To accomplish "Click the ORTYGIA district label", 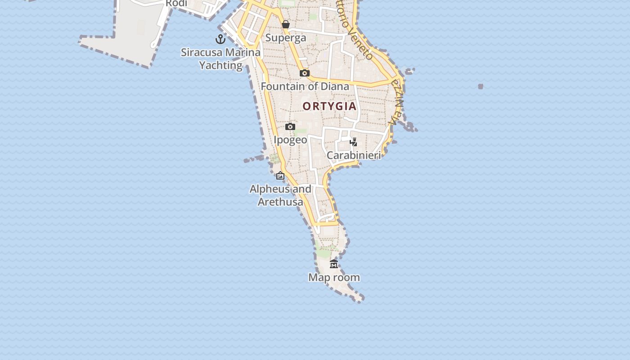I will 329,106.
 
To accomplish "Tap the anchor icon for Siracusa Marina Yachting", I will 220,39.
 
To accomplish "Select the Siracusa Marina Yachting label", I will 220,58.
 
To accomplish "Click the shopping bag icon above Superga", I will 286,24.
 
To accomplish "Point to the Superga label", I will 286,38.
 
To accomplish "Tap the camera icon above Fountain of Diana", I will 305,73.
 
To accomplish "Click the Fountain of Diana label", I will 305,86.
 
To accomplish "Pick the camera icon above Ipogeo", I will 290,127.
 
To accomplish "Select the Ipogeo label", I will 290,140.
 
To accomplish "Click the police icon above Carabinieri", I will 354,142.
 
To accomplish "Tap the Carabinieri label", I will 354,155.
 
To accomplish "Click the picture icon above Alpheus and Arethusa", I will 280,175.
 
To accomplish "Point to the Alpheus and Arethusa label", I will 280,195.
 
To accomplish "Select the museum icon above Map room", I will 334,264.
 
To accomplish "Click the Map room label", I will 334,277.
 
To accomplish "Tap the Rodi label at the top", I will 176,4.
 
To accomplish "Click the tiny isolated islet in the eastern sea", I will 481,86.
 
